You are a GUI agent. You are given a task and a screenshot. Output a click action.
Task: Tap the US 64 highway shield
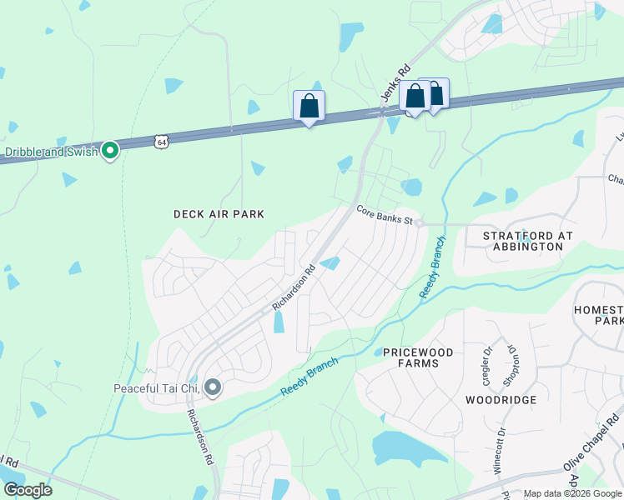coord(161,142)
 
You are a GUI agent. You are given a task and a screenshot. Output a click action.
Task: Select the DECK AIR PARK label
coord(219,214)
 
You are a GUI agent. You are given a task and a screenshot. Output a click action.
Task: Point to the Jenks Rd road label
coord(396,83)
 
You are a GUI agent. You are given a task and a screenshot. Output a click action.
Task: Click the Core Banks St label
coord(385,215)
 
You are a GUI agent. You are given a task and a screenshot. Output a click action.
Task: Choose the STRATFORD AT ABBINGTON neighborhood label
coord(528,241)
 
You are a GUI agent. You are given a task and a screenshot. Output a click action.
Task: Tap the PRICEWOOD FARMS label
coord(418,357)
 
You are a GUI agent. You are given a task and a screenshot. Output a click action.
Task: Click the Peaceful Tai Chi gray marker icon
coord(213,387)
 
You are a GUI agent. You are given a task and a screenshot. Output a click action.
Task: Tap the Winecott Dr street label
coord(501,450)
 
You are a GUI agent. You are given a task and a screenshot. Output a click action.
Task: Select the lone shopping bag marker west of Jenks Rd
coord(309,107)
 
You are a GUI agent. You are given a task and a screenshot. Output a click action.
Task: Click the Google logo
coord(27,489)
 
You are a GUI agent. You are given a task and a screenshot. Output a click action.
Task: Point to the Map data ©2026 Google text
coord(571,494)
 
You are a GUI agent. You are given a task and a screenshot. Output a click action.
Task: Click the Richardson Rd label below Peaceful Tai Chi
coord(199,437)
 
